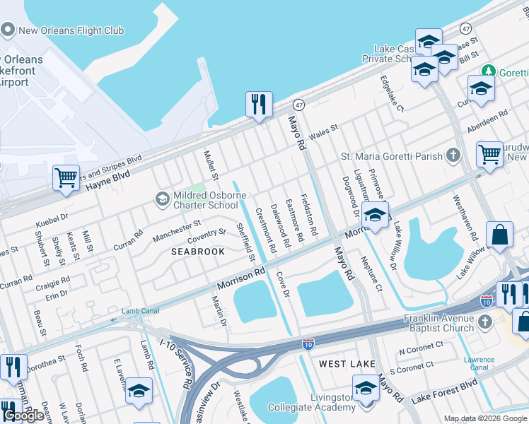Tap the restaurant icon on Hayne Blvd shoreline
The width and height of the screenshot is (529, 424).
coord(259,104)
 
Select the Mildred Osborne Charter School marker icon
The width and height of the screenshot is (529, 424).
coord(163,199)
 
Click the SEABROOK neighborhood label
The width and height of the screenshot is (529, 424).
coord(198,252)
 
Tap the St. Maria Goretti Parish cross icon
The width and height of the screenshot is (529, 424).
coord(453,155)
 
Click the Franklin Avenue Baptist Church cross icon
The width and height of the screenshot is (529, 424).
coord(484,322)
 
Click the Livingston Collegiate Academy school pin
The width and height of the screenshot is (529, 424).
coord(366,388)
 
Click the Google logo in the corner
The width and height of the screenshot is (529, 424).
coord(25,415)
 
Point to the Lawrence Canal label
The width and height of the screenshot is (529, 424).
coord(479,363)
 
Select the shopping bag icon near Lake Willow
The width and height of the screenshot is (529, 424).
coord(499,235)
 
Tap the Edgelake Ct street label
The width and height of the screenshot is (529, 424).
coord(391,93)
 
